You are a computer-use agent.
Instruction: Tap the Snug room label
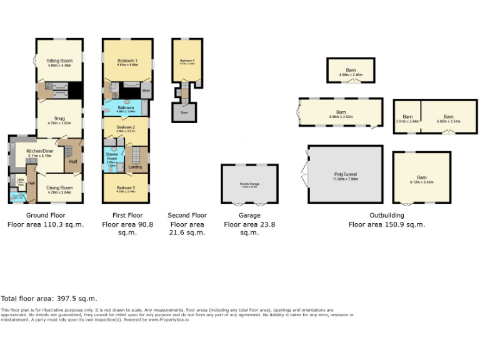pyautogui.click(x=59, y=121)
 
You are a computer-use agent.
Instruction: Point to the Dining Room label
pyautogui.click(x=59, y=188)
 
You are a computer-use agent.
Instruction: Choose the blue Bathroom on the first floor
pyautogui.click(x=126, y=109)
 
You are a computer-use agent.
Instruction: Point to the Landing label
pyautogui.click(x=135, y=167)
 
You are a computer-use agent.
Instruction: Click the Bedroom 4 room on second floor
pyautogui.click(x=184, y=61)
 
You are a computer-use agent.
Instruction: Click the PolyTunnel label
pyautogui.click(x=344, y=176)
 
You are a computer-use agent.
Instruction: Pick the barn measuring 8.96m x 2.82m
pyautogui.click(x=341, y=114)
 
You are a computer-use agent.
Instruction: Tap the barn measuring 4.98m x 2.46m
pyautogui.click(x=350, y=71)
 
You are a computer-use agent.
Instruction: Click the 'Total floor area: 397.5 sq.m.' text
pyautogui.click(x=49, y=299)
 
